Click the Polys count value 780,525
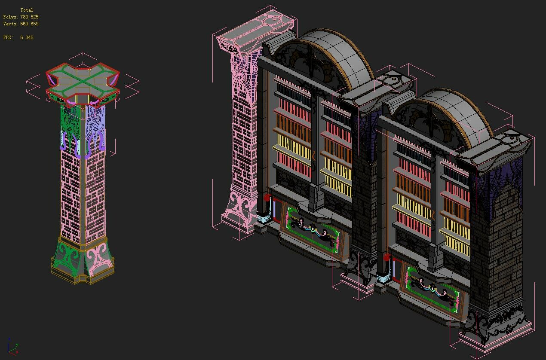pyautogui.click(x=29, y=17)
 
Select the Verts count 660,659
pyautogui.click(x=29, y=24)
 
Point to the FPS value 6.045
pyautogui.click(x=27, y=37)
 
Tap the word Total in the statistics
pyautogui.click(x=27, y=10)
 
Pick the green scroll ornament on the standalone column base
pyautogui.click(x=68, y=258)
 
